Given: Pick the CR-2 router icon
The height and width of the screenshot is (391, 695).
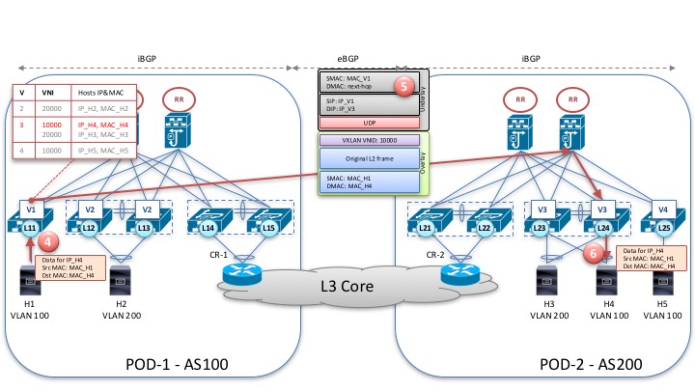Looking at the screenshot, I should [459, 273].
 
